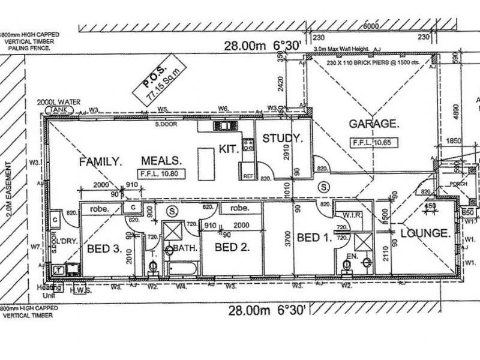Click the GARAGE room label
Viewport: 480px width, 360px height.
point(374,124)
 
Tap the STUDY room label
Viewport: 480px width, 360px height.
point(282,139)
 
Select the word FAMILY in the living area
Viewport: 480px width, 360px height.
point(100,161)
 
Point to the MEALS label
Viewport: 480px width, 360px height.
point(161,161)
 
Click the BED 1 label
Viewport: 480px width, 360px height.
point(314,238)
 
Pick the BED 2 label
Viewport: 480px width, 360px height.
point(232,247)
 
